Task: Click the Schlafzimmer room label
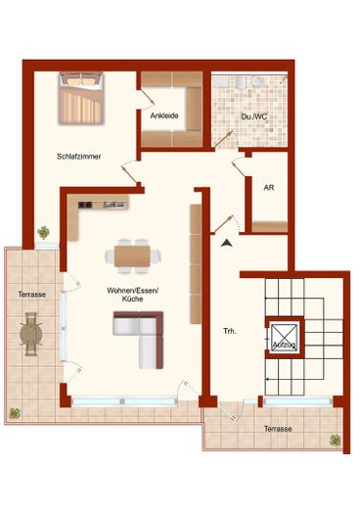(79, 157)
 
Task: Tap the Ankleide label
(164, 116)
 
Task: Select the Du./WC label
(254, 116)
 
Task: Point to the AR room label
(269, 188)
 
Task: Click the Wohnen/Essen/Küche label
(132, 295)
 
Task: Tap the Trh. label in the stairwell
(230, 331)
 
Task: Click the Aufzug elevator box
(285, 338)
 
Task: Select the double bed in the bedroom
(81, 98)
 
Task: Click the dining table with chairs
(132, 256)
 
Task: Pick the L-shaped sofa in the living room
(139, 340)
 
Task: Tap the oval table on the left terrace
(30, 334)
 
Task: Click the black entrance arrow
(226, 243)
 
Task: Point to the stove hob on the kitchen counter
(85, 205)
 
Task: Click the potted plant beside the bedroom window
(43, 233)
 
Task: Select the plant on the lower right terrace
(335, 440)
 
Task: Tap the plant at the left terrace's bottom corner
(15, 414)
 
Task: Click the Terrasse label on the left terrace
(31, 295)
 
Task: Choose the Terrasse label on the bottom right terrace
(278, 429)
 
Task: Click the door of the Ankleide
(147, 97)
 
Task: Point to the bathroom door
(224, 139)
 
